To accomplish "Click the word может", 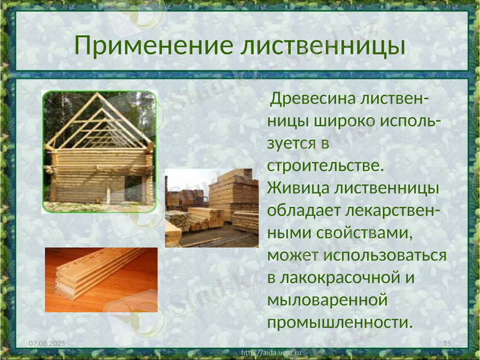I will [x=293, y=255].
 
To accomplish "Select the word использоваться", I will [x=385, y=255].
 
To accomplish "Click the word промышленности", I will [x=340, y=322].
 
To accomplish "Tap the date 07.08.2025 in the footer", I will [x=47, y=342].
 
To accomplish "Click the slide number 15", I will [x=446, y=342].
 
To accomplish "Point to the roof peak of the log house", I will [x=100, y=96].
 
